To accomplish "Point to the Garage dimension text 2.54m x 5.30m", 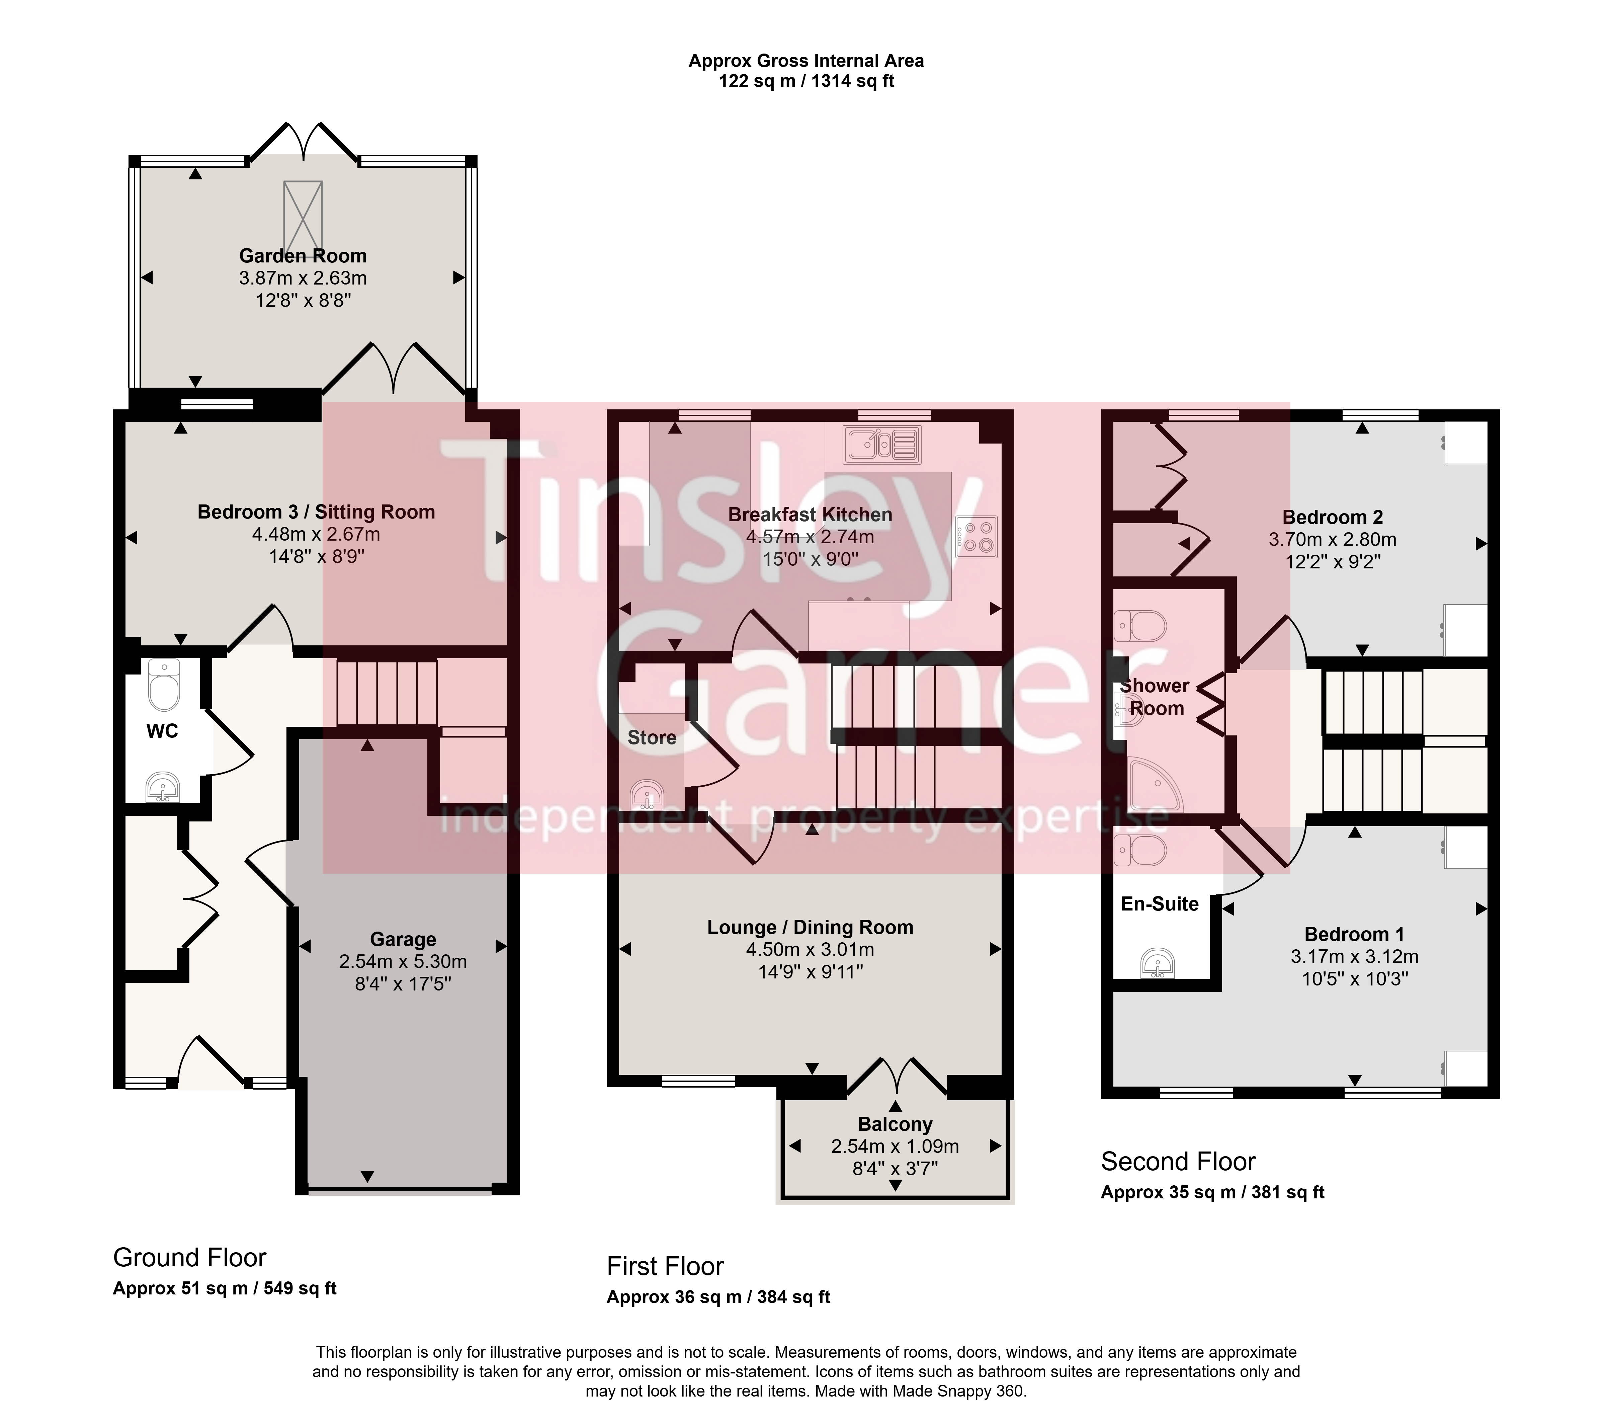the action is coord(403,962).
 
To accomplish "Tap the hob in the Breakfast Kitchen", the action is coord(976,537).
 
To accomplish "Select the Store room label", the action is coord(652,738).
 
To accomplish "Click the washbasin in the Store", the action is coord(647,795).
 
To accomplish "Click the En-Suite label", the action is coord(1159,904).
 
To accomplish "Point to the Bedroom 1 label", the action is coord(1354,934).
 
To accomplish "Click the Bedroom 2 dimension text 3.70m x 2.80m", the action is coord(1333,540).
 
